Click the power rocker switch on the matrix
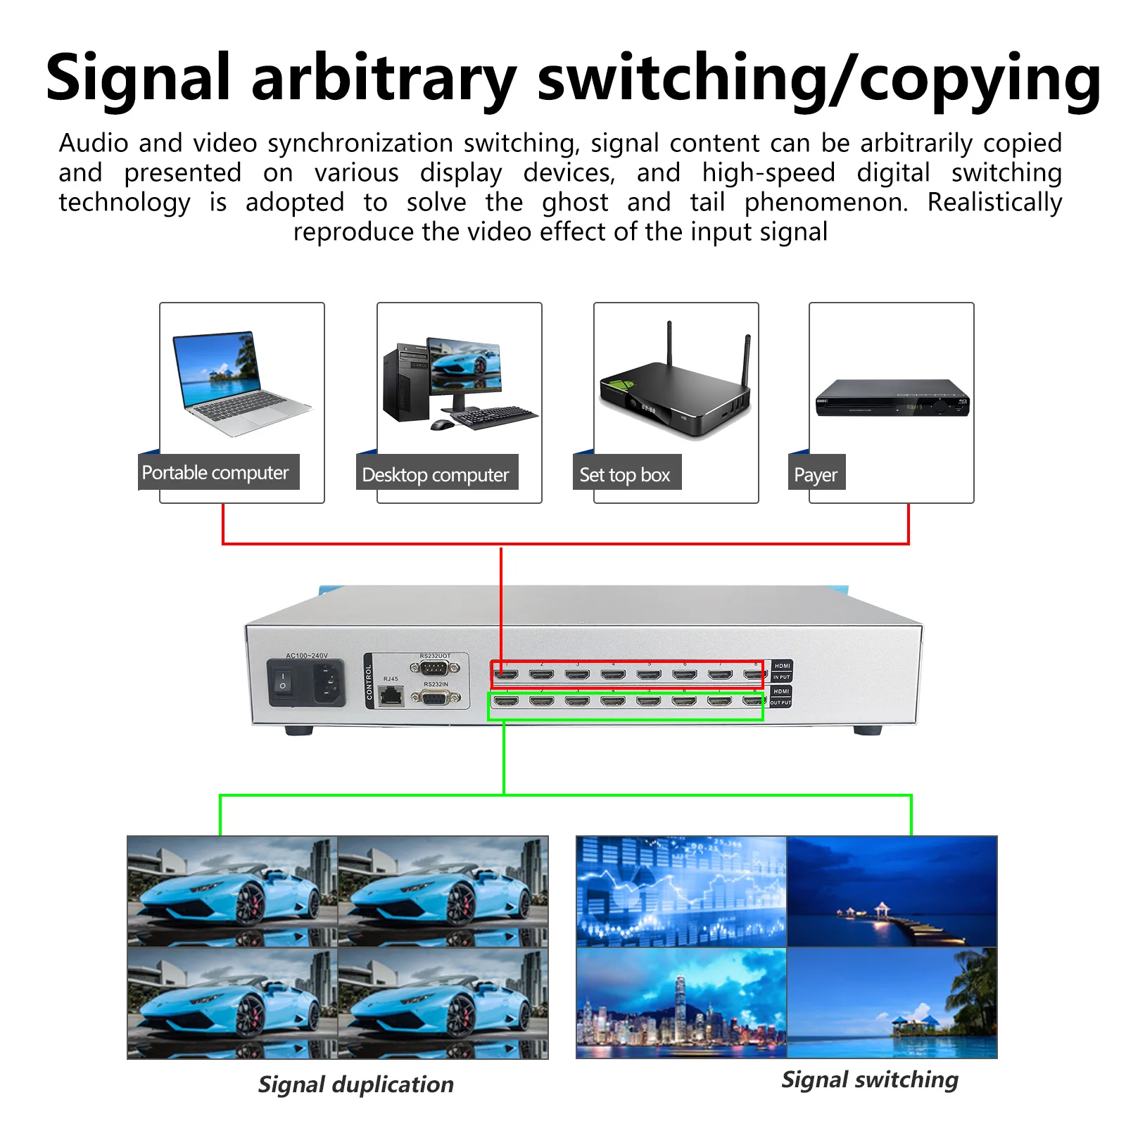tap(283, 681)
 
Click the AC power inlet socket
tap(328, 682)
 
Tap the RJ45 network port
tap(391, 696)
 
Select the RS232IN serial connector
tap(436, 697)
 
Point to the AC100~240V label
tap(306, 655)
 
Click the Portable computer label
tap(215, 472)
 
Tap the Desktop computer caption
tap(435, 475)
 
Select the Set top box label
tap(624, 475)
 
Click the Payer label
tap(815, 475)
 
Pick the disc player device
tap(892, 398)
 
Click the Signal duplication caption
tap(355, 1084)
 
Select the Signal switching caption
tap(870, 1080)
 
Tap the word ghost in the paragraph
tap(574, 203)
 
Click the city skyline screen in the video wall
tap(681, 1002)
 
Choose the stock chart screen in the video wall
tap(681, 891)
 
